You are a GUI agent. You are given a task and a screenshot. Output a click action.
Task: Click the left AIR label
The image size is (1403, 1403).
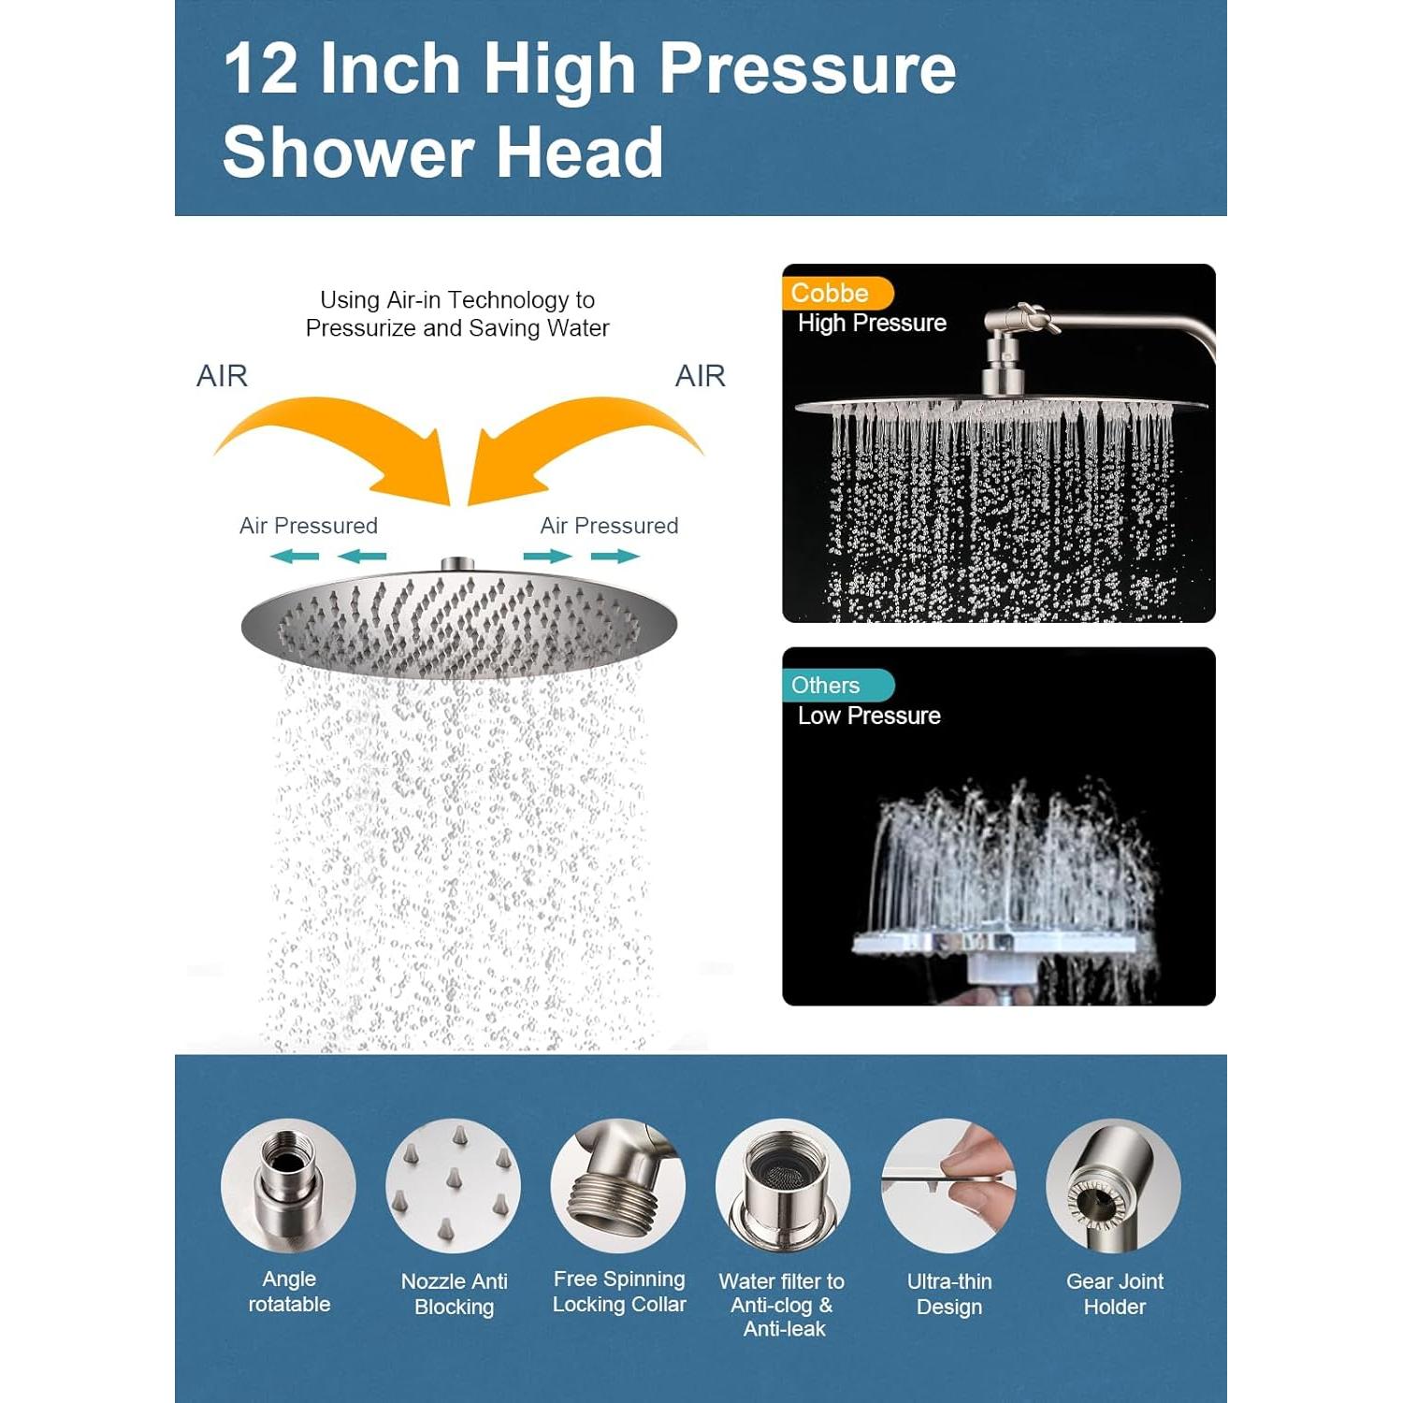click(x=222, y=376)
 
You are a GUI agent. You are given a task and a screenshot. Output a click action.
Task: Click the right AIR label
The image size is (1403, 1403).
click(x=701, y=376)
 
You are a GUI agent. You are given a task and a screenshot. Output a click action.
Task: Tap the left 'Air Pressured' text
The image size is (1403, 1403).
click(x=309, y=526)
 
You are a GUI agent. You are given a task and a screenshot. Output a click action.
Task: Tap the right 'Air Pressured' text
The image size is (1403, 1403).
click(x=609, y=526)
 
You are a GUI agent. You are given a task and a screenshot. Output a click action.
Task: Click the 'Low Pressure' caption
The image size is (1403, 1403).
click(x=869, y=716)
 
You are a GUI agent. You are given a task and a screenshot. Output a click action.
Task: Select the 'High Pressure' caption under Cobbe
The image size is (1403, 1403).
click(x=872, y=323)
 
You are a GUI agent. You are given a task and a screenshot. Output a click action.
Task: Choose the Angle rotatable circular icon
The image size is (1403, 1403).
click(x=288, y=1186)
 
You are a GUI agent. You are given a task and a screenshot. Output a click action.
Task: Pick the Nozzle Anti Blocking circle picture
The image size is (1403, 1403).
click(x=454, y=1186)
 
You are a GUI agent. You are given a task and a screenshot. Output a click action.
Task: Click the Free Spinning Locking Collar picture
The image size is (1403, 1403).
click(x=618, y=1186)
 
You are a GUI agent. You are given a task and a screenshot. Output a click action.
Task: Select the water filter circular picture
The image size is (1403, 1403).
click(x=783, y=1186)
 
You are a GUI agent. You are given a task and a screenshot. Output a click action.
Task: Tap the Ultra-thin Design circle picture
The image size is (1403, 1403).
click(x=948, y=1186)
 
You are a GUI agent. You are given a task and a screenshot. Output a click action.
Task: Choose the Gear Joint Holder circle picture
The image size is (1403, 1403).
click(x=1113, y=1186)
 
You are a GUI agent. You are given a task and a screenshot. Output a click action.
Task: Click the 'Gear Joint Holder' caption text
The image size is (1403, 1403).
click(x=1115, y=1294)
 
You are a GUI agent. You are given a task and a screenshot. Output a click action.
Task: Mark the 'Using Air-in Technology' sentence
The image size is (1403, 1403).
click(x=457, y=314)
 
